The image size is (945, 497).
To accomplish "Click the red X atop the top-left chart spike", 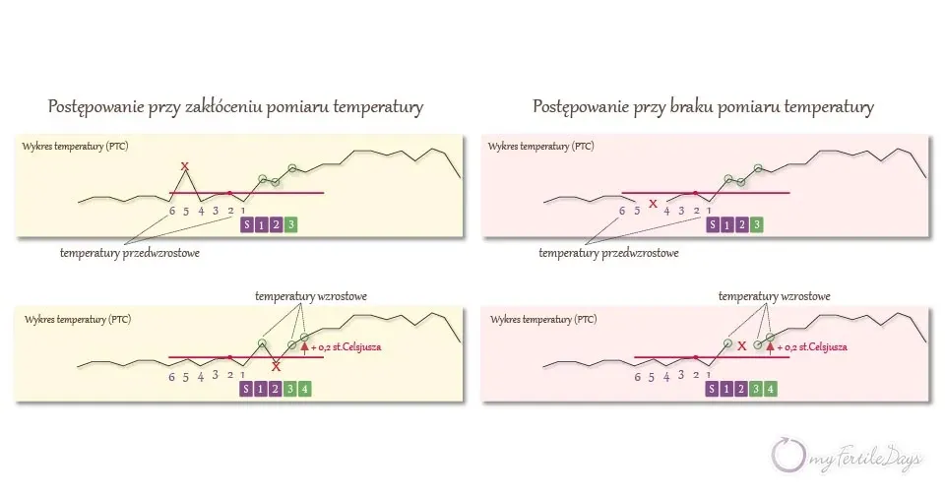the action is (x=185, y=166).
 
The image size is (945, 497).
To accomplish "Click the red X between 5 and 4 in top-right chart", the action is (x=653, y=204).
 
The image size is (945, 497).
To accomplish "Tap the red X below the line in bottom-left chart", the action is (x=276, y=366).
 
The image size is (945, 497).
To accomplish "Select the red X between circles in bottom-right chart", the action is (x=742, y=345).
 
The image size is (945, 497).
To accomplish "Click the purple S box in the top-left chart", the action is (x=246, y=224).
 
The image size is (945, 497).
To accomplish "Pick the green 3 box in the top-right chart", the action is (x=756, y=224).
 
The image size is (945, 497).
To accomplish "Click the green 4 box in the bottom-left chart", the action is (x=304, y=389).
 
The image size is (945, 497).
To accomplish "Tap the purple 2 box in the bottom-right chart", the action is (x=741, y=389).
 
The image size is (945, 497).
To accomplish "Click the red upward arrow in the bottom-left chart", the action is (x=304, y=346).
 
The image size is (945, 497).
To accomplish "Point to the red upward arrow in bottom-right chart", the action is (x=770, y=346).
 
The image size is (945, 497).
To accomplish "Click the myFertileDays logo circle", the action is (x=788, y=455).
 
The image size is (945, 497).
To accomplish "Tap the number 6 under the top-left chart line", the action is (x=172, y=211).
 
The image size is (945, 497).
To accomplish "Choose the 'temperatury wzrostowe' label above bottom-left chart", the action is (x=310, y=296).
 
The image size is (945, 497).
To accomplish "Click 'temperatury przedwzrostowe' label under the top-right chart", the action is (x=608, y=253).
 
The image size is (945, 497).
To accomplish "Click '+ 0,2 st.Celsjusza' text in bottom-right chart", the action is (x=812, y=347).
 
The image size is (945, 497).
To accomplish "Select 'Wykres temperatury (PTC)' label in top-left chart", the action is (x=76, y=147).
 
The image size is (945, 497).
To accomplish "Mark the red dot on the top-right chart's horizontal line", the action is (x=696, y=193).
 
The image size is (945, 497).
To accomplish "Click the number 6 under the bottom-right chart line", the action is (x=638, y=377).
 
